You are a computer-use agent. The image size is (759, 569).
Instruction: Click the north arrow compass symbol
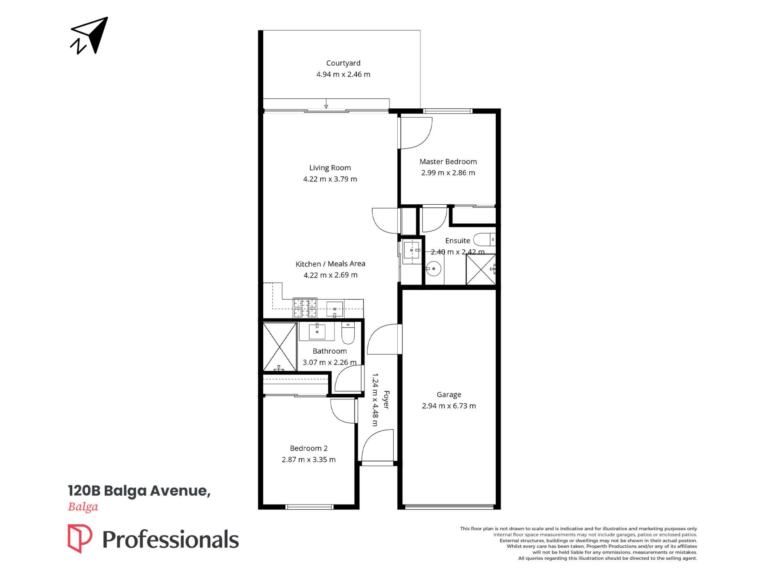(89, 36)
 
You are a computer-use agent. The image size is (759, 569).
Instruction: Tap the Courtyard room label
(343, 63)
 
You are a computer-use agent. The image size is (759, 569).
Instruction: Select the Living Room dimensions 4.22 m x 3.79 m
(330, 179)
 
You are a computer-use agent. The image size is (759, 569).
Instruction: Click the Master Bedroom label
(448, 162)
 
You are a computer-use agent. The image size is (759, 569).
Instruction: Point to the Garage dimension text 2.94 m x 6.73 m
(449, 406)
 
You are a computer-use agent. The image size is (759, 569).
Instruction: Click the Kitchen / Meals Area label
(330, 264)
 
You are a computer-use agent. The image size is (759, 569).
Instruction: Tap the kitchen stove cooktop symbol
(305, 308)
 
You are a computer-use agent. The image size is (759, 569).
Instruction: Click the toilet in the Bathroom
(348, 333)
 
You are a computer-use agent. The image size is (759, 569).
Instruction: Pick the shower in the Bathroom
(280, 347)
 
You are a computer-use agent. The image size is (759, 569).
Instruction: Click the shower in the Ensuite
(481, 269)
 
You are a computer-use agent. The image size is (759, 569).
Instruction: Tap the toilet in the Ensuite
(484, 239)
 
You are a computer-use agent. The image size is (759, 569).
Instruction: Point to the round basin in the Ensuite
(434, 269)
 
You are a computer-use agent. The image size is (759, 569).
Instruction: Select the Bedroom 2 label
(309, 448)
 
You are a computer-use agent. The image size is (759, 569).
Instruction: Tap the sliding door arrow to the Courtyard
(326, 104)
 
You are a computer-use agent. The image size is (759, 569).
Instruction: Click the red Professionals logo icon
(80, 539)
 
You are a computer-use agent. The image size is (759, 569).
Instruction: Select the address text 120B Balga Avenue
(139, 491)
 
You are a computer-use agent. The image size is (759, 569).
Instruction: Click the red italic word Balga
(83, 507)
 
